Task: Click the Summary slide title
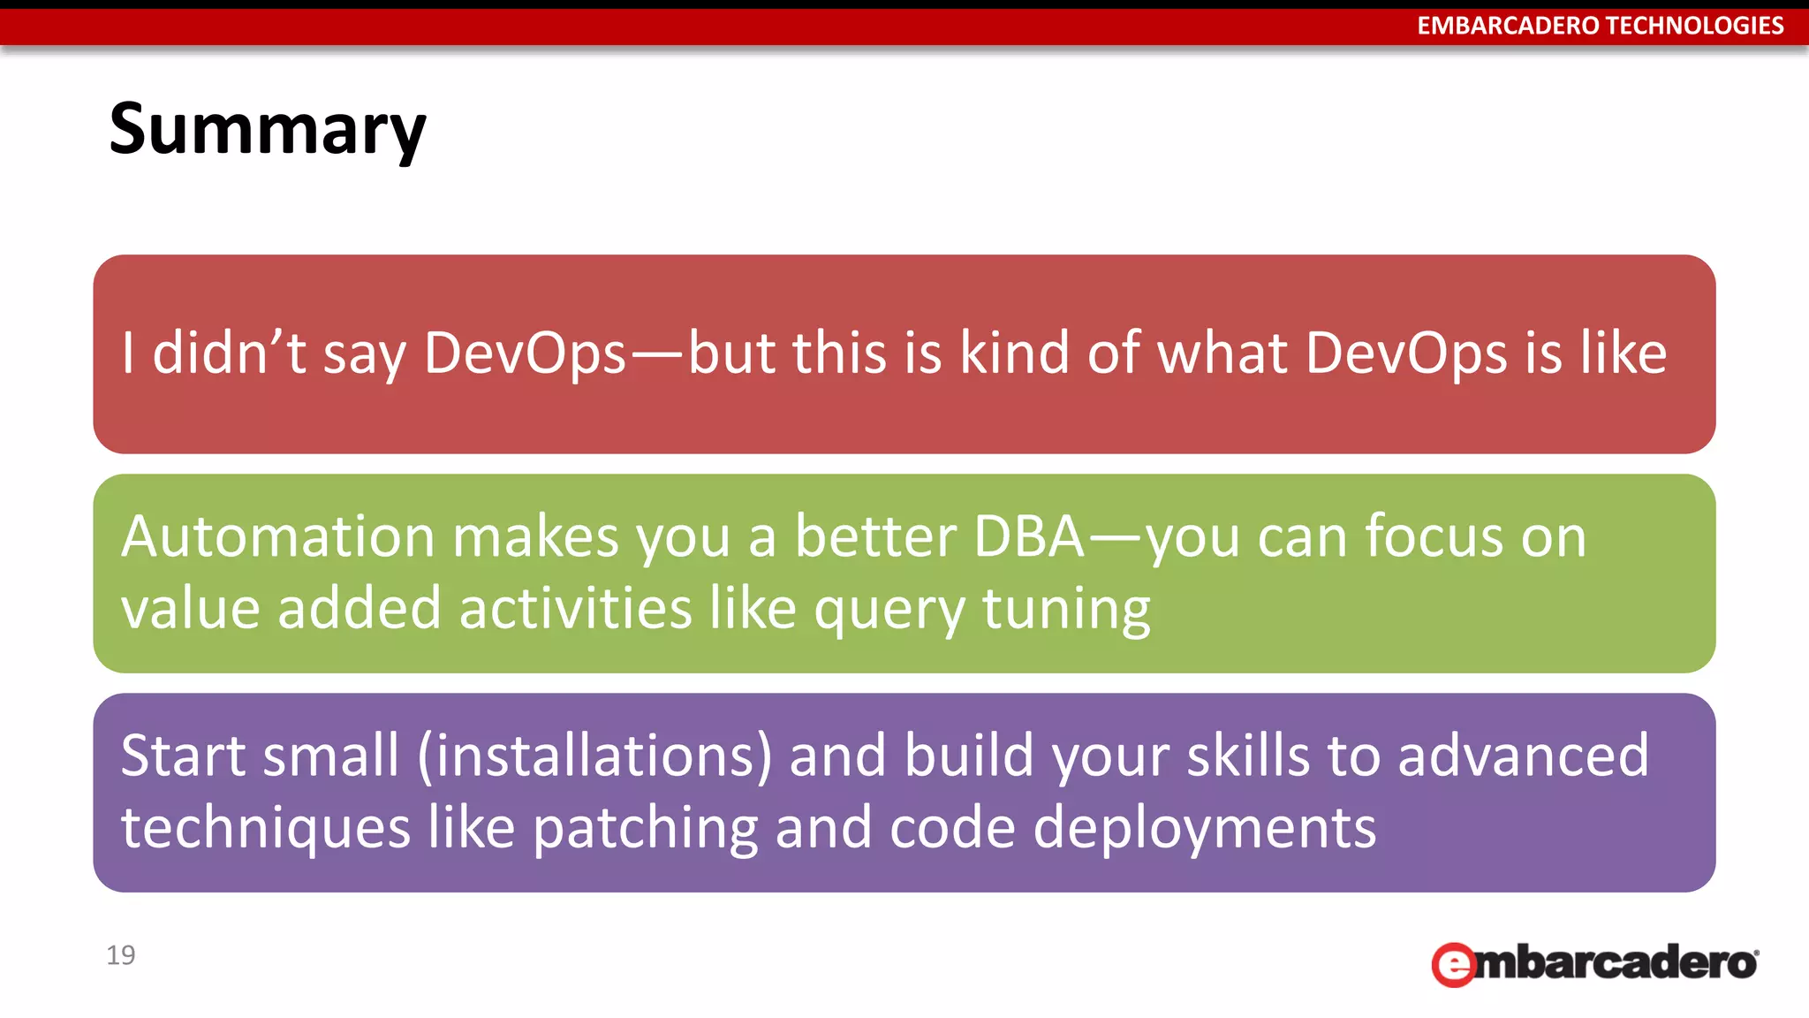[267, 129]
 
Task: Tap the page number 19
[120, 954]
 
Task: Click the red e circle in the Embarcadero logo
[1453, 964]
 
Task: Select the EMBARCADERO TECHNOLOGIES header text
[1600, 26]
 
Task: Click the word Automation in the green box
[278, 536]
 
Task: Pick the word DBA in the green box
[1028, 536]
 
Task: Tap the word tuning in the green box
[1065, 610]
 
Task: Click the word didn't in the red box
[229, 353]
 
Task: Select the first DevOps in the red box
[525, 353]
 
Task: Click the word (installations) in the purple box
[594, 756]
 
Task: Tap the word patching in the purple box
[645, 829]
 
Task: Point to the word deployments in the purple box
[1204, 829]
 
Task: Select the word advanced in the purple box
[1523, 756]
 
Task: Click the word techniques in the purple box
[265, 829]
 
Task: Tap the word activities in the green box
[575, 610]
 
